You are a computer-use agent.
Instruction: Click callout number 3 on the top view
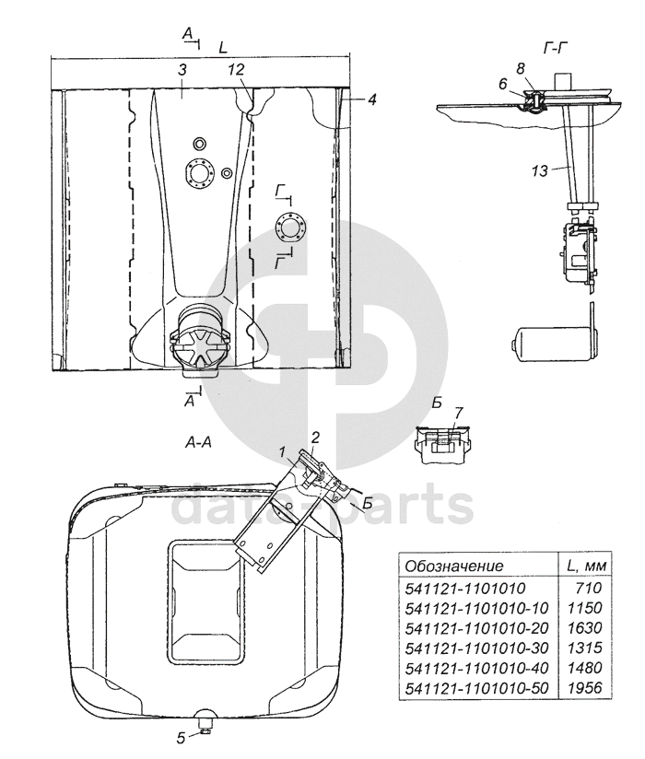(182, 69)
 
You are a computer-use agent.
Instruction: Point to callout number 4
(371, 99)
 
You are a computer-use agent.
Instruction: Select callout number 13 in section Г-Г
(539, 170)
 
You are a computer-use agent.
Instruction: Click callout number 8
(521, 68)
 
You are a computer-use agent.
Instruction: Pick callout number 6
(502, 84)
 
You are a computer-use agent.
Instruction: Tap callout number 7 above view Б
(458, 413)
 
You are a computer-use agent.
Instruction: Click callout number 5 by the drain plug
(181, 738)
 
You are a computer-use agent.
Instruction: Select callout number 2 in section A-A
(315, 438)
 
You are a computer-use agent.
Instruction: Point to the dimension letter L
(223, 48)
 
